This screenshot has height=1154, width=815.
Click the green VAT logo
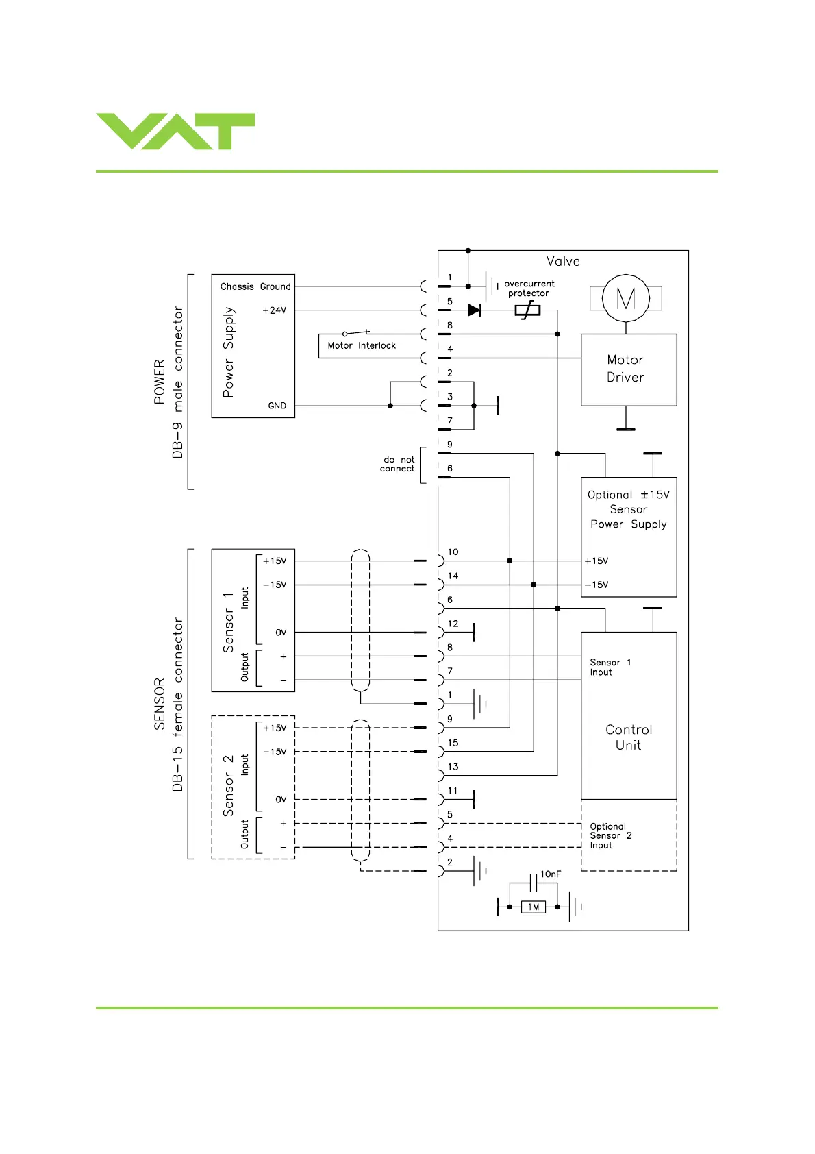(175, 131)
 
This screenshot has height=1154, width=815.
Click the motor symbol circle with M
(625, 298)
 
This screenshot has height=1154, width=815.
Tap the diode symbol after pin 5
(473, 310)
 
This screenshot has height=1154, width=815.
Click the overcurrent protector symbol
(527, 310)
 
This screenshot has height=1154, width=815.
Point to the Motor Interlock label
(362, 346)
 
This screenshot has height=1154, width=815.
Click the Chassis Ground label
(255, 286)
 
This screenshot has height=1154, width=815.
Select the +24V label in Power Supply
(274, 310)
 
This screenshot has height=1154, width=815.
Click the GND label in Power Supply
(277, 406)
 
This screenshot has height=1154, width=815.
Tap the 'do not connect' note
(398, 464)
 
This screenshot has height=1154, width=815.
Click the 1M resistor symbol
(534, 907)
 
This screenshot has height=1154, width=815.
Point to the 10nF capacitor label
(550, 874)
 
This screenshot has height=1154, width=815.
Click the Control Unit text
(629, 737)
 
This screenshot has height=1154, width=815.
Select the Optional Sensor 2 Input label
(610, 836)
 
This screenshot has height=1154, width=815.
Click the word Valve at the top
(563, 261)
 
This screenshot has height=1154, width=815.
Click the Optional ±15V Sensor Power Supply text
(629, 509)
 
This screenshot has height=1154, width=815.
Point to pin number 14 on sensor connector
(453, 576)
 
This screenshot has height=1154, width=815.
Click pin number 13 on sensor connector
(453, 767)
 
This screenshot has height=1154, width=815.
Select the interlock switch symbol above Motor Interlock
(356, 333)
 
